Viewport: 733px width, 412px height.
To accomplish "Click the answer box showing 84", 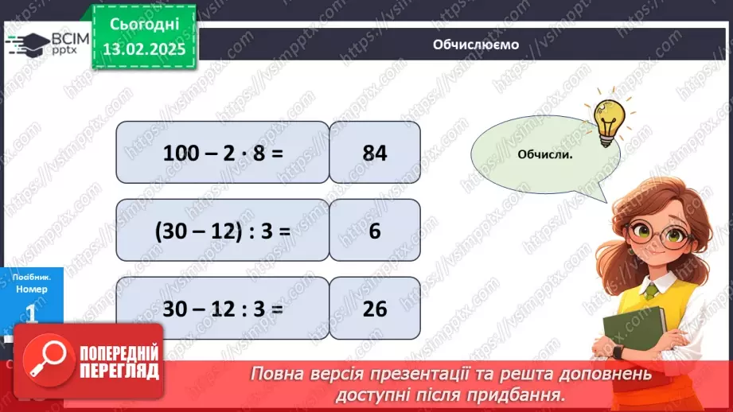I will (x=374, y=152).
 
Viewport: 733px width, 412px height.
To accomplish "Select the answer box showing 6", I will (x=374, y=230).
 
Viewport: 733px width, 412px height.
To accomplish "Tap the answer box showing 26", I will (x=374, y=308).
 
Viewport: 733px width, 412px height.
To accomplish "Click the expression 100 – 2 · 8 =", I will (x=223, y=152).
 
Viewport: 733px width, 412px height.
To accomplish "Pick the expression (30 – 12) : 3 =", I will (x=223, y=230).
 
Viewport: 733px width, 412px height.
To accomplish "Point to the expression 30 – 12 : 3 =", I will (x=223, y=308).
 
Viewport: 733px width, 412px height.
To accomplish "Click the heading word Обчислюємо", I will (x=475, y=45).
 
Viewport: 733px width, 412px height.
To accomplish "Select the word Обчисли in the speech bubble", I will (x=545, y=154).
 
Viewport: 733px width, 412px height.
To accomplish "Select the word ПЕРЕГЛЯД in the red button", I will (x=119, y=371).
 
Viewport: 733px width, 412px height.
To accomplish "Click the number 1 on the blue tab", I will (x=32, y=313).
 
